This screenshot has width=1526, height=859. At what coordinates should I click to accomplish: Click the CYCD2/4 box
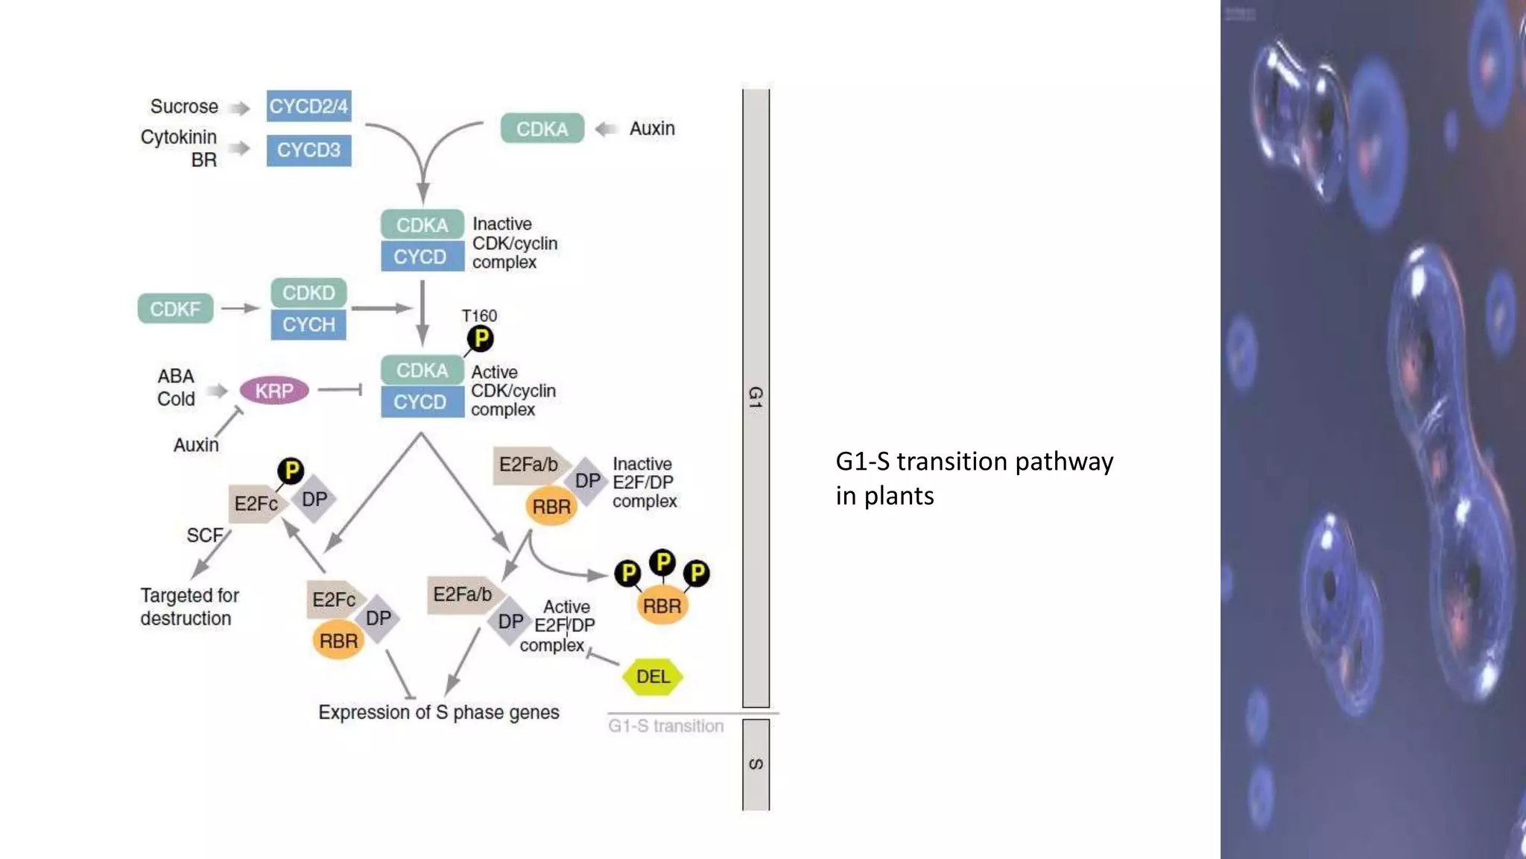(308, 106)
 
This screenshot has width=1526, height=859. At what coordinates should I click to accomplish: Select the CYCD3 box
(308, 150)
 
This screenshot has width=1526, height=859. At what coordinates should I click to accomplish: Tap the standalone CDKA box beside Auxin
(542, 128)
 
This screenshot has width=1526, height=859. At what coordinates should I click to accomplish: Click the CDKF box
(175, 309)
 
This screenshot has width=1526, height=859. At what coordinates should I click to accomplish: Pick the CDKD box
(308, 292)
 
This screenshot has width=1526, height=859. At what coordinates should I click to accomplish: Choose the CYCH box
(308, 324)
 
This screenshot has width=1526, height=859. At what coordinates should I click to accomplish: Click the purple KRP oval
(273, 391)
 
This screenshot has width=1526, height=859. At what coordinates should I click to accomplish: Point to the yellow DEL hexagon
(653, 676)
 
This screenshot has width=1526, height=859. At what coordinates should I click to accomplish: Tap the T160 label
(479, 315)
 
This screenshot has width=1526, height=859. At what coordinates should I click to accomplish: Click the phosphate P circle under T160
(481, 339)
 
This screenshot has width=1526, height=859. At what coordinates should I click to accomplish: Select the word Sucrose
(184, 107)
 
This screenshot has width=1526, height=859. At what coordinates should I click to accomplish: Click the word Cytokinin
(179, 137)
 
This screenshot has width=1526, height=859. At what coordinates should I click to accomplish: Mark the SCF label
(204, 535)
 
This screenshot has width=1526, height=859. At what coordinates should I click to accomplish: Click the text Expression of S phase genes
(438, 712)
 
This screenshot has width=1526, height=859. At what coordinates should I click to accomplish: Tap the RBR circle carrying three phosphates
(662, 605)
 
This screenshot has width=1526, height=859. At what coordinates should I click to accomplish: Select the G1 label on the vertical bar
(756, 397)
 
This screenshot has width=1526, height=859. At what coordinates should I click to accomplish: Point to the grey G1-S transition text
(665, 726)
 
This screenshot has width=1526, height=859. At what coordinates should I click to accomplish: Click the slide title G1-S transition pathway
(974, 462)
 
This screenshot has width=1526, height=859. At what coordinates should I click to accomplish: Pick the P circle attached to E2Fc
(291, 471)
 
